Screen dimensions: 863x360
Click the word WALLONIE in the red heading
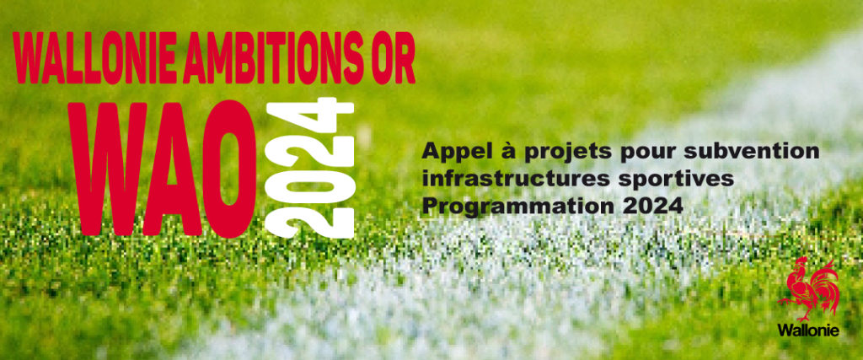click(x=95, y=58)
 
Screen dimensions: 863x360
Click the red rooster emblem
click(x=808, y=288)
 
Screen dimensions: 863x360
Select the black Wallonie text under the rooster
click(x=808, y=330)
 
